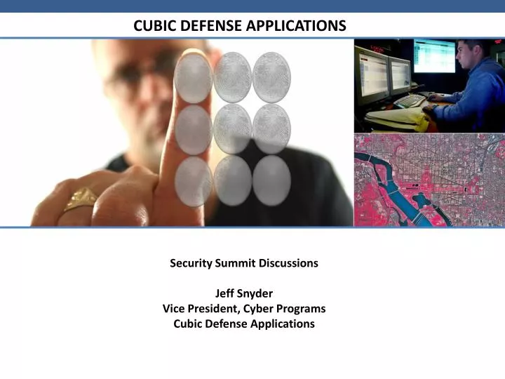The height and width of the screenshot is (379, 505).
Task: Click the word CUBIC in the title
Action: [152, 26]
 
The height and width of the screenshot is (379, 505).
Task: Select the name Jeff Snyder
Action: [244, 293]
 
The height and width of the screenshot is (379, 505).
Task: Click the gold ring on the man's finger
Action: [81, 199]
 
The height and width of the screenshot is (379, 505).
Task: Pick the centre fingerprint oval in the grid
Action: [232, 128]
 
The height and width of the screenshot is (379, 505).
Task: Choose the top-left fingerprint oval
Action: [193, 77]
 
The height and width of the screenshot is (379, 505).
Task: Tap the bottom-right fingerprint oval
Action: [271, 180]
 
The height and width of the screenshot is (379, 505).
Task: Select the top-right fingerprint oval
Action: [271, 77]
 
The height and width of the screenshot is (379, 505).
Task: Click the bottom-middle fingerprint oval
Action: [232, 180]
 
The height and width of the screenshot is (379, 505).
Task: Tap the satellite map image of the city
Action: [429, 180]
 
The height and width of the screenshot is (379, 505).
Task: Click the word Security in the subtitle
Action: [191, 263]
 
